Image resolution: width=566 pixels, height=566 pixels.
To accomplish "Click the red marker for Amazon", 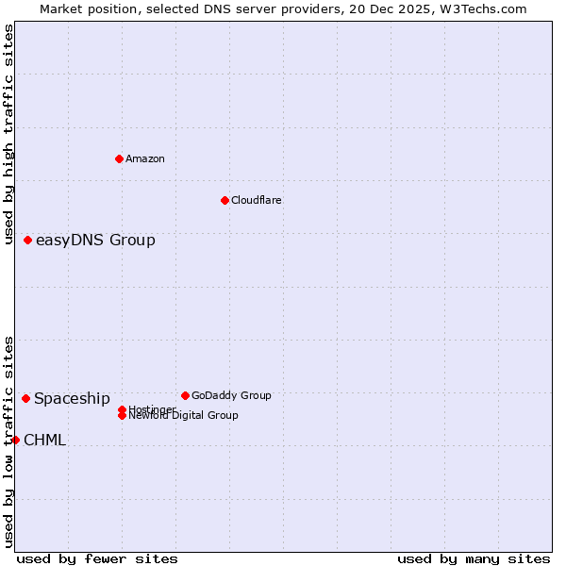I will pyautogui.click(x=120, y=158).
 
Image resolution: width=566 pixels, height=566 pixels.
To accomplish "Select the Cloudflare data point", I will pyautogui.click(x=225, y=200).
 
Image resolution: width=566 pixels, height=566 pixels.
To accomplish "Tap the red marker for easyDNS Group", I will pyautogui.click(x=28, y=240).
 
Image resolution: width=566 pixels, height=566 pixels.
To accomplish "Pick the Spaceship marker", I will pyautogui.click(x=25, y=398).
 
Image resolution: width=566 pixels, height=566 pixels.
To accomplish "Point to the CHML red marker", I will pyautogui.click(x=15, y=440).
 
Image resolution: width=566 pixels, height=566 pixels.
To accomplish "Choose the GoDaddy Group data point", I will pyautogui.click(x=185, y=395).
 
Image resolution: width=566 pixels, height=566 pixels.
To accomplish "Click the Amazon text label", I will pyautogui.click(x=145, y=158).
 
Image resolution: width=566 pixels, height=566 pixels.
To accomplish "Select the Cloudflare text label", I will pyautogui.click(x=257, y=200).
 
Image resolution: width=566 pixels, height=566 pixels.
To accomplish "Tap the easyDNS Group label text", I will pyautogui.click(x=95, y=240).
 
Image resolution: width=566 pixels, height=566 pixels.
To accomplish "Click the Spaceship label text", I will pyautogui.click(x=72, y=398).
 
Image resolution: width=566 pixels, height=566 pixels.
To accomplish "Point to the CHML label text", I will pyautogui.click(x=44, y=440).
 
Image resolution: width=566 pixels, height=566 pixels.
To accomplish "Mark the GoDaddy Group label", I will pyautogui.click(x=231, y=395).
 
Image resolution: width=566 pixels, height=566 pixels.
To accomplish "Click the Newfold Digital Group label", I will pyautogui.click(x=184, y=416).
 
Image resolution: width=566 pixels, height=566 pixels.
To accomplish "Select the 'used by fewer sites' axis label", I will pyautogui.click(x=97, y=558).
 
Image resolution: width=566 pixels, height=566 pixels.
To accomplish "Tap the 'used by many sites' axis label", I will pyautogui.click(x=474, y=558).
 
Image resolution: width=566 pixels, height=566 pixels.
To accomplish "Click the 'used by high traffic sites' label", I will pyautogui.click(x=9, y=134).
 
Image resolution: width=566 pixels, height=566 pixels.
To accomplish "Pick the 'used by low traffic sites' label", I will pyautogui.click(x=9, y=441).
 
